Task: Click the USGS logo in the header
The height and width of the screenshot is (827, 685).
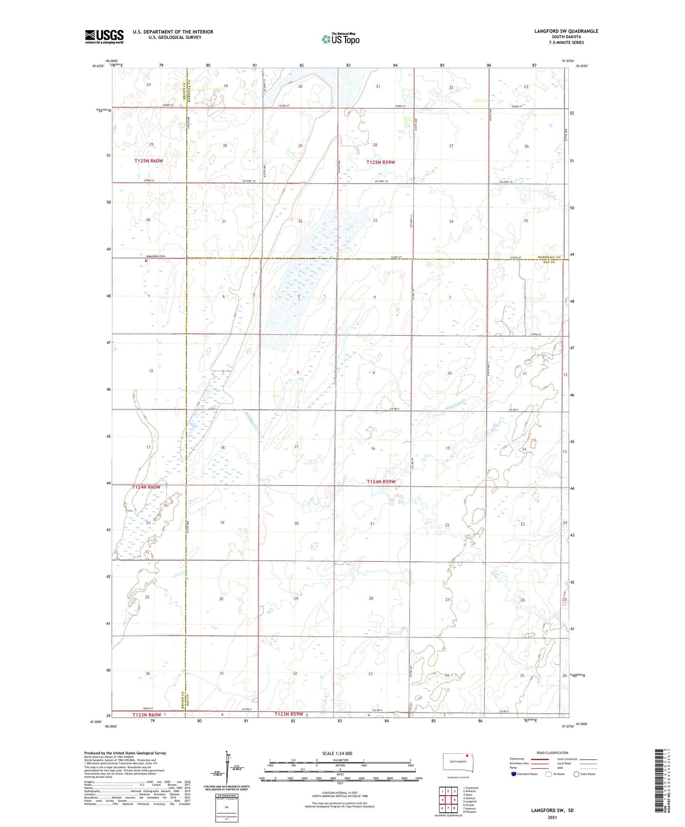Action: pos(104,36)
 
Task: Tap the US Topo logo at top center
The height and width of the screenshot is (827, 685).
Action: pos(340,39)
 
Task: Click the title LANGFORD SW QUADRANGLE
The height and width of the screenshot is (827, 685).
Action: pos(566,31)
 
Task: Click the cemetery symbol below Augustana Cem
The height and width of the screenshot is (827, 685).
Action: pos(146,261)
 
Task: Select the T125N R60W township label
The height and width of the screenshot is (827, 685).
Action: pos(148,161)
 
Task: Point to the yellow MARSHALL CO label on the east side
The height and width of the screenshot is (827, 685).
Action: pos(549,257)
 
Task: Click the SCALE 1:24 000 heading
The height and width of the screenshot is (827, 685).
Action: pos(337,753)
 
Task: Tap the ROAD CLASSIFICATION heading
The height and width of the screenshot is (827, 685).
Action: pos(552,753)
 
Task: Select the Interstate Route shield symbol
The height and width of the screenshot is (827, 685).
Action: pos(513,774)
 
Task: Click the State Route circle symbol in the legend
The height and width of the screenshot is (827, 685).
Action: pos(576,774)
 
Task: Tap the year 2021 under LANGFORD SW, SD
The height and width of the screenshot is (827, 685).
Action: pos(552,818)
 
